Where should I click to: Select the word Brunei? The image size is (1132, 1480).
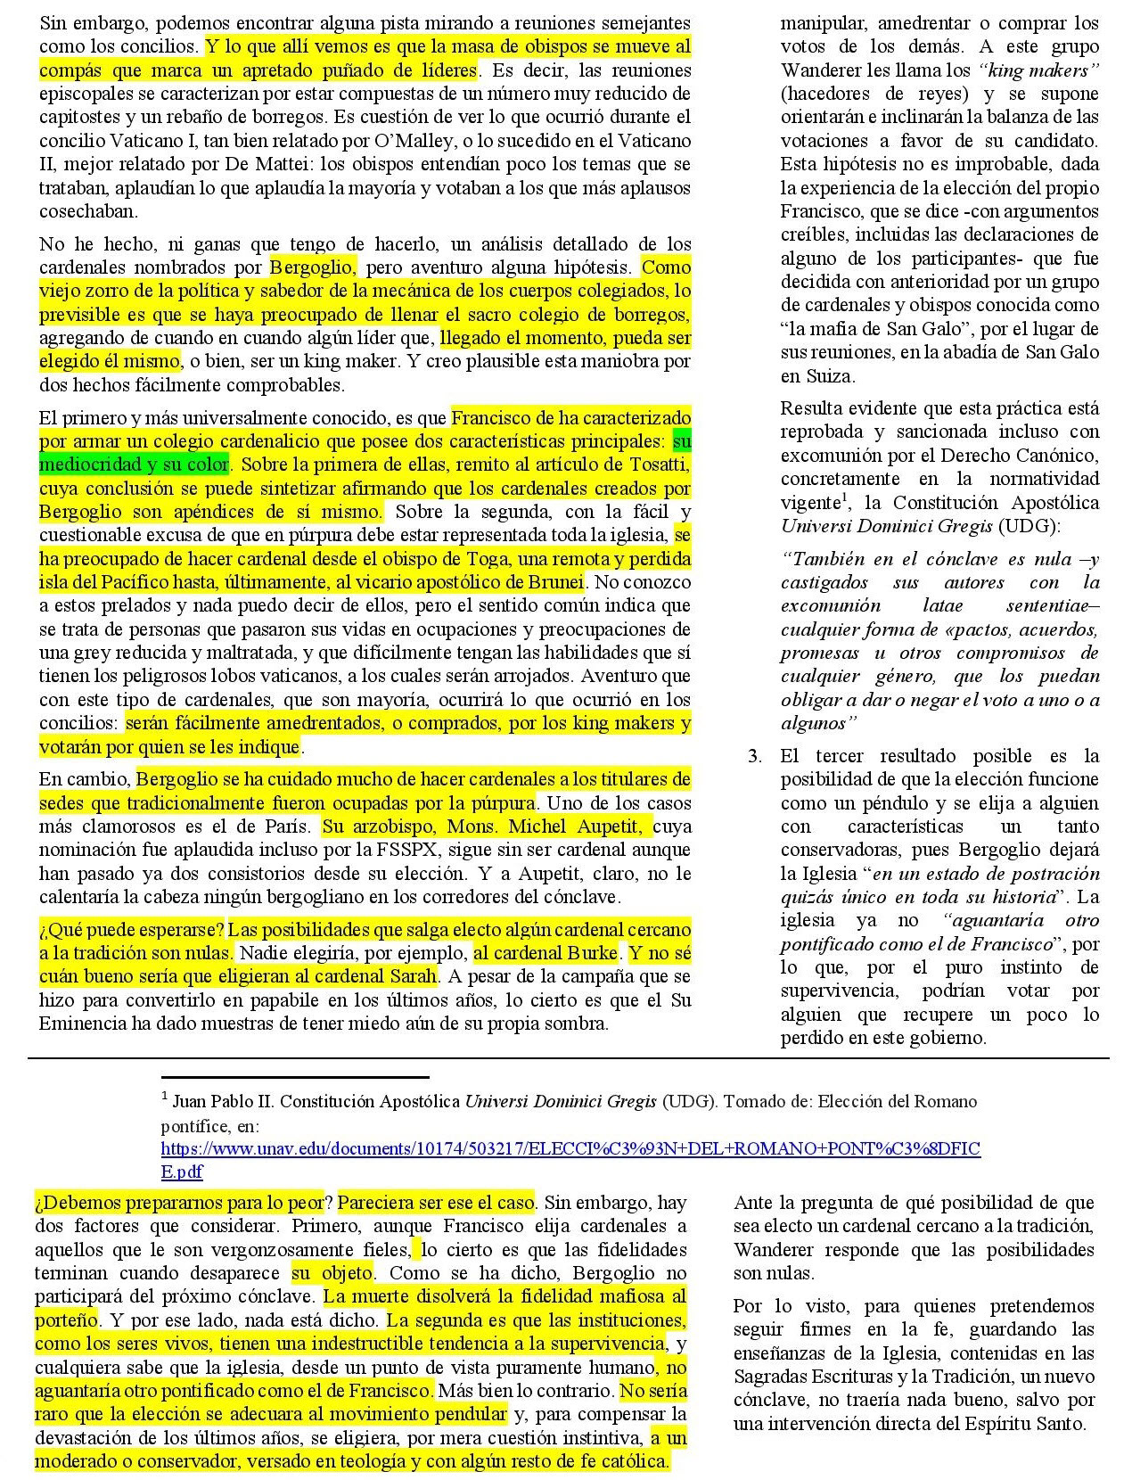click(x=557, y=582)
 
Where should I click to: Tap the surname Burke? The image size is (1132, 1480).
click(x=590, y=952)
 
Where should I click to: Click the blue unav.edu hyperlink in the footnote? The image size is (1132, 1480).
click(x=570, y=1148)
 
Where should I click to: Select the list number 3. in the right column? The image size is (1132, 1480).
click(x=755, y=756)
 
